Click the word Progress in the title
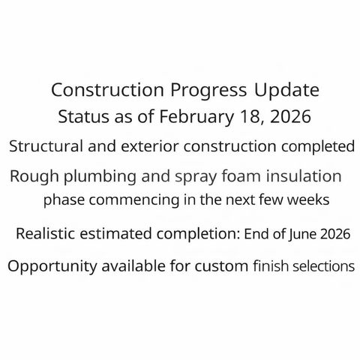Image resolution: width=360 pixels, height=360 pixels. click(x=206, y=91)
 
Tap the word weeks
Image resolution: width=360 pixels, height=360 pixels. click(x=310, y=200)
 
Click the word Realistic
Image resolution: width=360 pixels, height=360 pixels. click(x=49, y=234)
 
